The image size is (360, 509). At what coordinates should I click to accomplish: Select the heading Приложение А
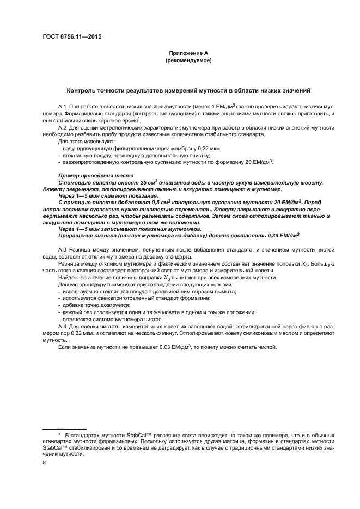pos(188,53)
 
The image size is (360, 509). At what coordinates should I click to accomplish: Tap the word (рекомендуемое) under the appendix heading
pos(188,61)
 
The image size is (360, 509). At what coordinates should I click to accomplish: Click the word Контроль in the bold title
pos(82,90)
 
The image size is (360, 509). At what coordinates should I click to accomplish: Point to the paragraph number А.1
pos(62,106)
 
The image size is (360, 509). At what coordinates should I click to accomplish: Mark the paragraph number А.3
pos(62,249)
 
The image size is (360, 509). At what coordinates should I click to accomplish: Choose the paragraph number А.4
pos(62,326)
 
